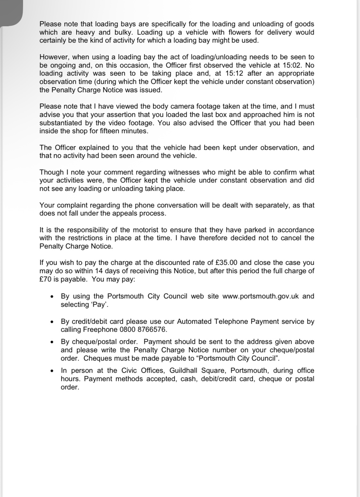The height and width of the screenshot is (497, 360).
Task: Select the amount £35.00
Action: point(227,263)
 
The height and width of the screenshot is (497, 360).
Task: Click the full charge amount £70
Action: point(45,279)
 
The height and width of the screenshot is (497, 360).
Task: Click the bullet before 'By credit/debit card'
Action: point(52,322)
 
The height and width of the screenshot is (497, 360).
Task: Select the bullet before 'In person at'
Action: point(52,371)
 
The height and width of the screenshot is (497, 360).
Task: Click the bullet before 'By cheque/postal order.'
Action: point(52,342)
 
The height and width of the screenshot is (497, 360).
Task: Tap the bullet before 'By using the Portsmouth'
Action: point(52,297)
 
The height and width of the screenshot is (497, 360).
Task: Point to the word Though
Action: point(51,172)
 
